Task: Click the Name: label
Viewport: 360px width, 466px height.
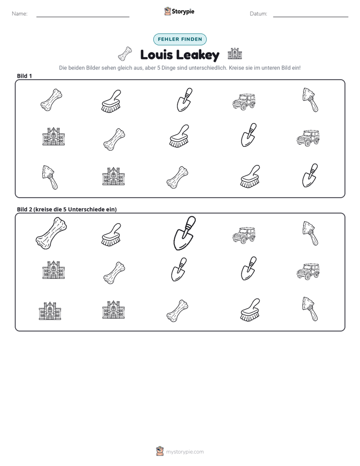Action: (20, 14)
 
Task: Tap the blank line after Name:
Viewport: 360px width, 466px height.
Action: (83, 17)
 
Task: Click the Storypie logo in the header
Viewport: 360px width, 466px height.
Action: (179, 11)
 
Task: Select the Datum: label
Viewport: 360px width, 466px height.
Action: (259, 14)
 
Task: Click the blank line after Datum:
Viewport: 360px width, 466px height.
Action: (311, 17)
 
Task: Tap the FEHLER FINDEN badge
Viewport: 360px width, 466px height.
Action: (180, 39)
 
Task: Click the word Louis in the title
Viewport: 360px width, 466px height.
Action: (156, 55)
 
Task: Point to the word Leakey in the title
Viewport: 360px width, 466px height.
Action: (198, 55)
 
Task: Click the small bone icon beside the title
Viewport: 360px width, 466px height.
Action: (125, 53)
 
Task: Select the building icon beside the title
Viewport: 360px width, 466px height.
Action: (235, 54)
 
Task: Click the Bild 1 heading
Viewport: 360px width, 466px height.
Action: (24, 76)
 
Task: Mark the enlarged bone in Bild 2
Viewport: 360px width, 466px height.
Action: (51, 233)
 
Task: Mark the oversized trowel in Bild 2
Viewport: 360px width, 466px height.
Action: (185, 233)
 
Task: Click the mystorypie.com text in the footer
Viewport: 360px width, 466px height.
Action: (185, 452)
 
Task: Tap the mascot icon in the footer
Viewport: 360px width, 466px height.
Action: (160, 451)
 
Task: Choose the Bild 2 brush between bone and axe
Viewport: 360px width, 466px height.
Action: (250, 310)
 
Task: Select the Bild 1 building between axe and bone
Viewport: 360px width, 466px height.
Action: (113, 176)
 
